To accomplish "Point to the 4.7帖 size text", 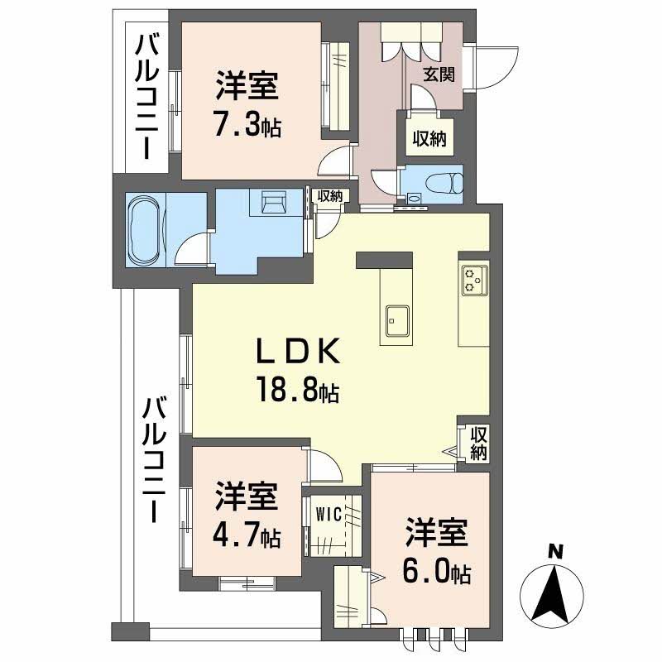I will tap(246, 537).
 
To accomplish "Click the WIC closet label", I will tap(329, 513).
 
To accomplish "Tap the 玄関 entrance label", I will tap(439, 74).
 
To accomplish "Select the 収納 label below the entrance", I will tap(429, 139).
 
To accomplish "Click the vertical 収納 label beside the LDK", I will tap(478, 444).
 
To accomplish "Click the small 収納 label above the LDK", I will tap(330, 196).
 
